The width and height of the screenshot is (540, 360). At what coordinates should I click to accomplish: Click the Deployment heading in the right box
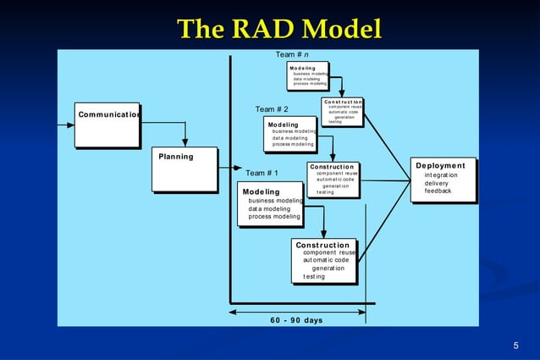pos(440,165)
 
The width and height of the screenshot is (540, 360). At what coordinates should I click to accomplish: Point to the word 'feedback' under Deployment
pos(438,191)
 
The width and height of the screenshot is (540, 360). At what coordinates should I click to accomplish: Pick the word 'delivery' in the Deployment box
pos(437,183)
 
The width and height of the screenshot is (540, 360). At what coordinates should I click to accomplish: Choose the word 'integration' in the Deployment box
pos(440,174)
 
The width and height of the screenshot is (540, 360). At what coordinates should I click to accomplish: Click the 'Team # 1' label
pos(262,174)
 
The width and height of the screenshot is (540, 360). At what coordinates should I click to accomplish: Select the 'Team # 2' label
pos(272,109)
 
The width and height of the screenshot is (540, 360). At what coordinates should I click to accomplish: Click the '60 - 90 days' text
pos(296,320)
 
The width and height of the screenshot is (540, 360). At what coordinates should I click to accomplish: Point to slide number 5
pos(516,346)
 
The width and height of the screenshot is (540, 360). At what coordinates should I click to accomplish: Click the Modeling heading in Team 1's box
pos(261,192)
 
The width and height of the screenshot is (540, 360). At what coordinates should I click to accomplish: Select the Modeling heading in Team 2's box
pos(283,125)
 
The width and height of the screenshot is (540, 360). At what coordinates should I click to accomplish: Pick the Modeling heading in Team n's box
pos(302,68)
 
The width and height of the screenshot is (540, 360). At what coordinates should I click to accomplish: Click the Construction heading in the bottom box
pos(322,246)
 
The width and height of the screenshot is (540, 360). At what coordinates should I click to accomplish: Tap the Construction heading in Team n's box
pos(343,102)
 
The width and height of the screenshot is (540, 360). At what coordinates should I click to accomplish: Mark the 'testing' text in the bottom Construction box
pos(314,277)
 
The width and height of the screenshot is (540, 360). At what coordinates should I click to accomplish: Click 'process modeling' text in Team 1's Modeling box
pos(274,217)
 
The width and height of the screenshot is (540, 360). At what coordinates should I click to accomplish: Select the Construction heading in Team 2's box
pos(332,167)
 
